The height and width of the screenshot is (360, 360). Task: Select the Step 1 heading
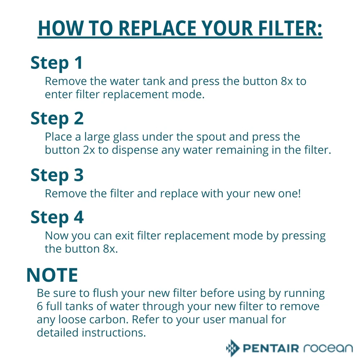(57, 63)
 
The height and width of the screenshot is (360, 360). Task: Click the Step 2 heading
(57, 119)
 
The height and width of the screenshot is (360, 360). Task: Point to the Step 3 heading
(57, 175)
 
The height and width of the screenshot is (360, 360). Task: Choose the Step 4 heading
(57, 217)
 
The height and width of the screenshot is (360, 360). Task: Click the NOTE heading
(52, 275)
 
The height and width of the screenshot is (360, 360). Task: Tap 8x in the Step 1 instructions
(287, 81)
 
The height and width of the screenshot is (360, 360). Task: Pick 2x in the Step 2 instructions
(89, 150)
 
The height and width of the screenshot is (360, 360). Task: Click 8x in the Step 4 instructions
(110, 249)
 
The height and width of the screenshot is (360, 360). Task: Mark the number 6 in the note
(40, 306)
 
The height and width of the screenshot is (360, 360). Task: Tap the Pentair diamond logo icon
(233, 348)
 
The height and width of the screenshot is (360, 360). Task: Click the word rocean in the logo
(328, 348)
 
